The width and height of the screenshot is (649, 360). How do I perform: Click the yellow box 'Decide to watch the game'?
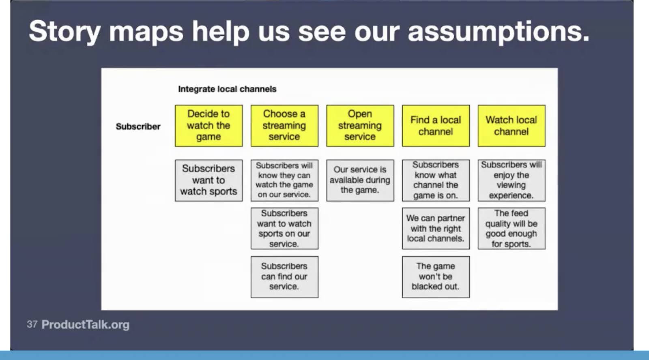point(208,126)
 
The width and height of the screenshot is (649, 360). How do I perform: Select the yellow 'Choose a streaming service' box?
point(284,126)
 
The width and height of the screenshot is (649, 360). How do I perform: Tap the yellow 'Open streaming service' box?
point(360,126)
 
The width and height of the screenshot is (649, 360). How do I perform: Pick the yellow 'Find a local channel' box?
point(436,126)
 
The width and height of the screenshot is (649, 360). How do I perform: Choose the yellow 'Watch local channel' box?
point(511,126)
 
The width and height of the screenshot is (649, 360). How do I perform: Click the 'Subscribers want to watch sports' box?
point(208,180)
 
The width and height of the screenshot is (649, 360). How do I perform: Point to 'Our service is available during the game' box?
point(360,180)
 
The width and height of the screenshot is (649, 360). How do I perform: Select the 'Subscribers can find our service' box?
point(284,277)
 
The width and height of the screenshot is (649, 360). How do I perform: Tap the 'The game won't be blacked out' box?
point(436,277)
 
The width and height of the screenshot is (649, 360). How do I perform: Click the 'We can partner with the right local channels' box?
point(436,228)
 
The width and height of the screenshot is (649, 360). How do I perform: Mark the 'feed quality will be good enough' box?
point(511,228)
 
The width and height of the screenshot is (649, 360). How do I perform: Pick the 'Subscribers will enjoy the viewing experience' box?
point(511,180)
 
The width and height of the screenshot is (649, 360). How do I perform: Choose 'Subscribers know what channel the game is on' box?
point(436,180)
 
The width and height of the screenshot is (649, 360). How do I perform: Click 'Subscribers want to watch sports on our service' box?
point(284,228)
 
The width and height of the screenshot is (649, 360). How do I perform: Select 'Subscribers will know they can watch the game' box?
point(284,180)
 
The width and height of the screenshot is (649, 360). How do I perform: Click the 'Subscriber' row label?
point(138,126)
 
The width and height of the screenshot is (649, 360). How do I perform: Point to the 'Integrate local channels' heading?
point(227,89)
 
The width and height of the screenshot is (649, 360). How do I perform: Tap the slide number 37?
point(32,324)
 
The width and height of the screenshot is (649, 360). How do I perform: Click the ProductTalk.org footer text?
point(86,325)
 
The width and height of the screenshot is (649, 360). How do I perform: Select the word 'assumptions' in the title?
point(499,32)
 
